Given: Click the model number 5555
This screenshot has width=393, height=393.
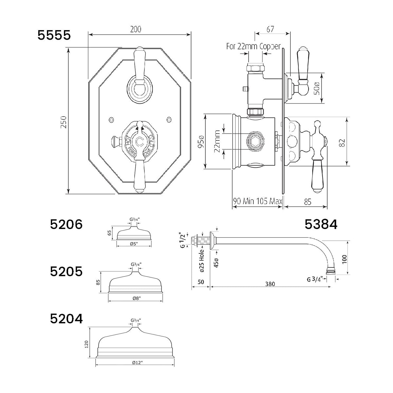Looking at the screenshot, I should pyautogui.click(x=54, y=35).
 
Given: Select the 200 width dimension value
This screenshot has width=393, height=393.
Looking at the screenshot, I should pyautogui.click(x=135, y=29).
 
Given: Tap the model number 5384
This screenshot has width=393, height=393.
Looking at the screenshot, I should pyautogui.click(x=321, y=225).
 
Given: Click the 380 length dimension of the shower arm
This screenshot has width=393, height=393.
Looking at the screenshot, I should pyautogui.click(x=270, y=284).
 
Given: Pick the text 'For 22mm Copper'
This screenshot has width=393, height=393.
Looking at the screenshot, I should pyautogui.click(x=253, y=47).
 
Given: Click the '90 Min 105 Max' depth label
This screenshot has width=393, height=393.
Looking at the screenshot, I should pyautogui.click(x=257, y=201).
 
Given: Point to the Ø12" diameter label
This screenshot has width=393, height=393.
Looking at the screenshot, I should pyautogui.click(x=136, y=362).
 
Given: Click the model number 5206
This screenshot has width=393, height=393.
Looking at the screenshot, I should pyautogui.click(x=66, y=225).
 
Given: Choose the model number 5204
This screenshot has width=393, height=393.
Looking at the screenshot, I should pyautogui.click(x=66, y=319).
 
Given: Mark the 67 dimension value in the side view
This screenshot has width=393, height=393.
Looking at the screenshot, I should pyautogui.click(x=270, y=29).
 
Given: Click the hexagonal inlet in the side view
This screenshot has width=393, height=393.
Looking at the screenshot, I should pyautogui.click(x=254, y=141).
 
